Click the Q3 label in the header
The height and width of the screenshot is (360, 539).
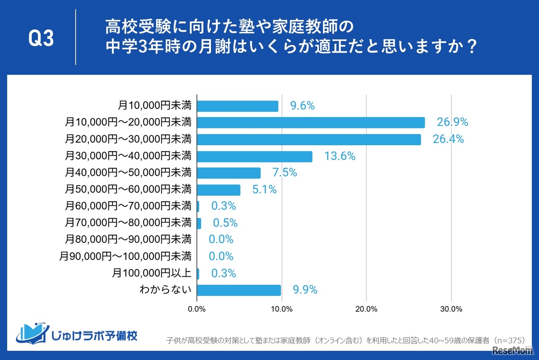click(x=41, y=39)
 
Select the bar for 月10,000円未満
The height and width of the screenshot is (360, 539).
click(x=237, y=106)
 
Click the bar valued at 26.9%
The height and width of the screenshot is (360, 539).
click(x=310, y=123)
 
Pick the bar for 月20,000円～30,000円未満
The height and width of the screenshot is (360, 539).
click(x=309, y=139)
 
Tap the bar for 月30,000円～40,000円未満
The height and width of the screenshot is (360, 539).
click(x=254, y=156)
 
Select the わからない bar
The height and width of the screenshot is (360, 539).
click(x=239, y=290)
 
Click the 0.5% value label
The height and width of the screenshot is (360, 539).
click(x=225, y=223)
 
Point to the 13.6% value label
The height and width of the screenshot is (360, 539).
click(x=339, y=156)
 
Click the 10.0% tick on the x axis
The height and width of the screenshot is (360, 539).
click(x=281, y=309)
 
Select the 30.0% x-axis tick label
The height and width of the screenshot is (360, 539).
click(x=451, y=309)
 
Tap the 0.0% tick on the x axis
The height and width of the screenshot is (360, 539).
click(x=197, y=309)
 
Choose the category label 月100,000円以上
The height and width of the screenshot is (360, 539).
click(x=152, y=273)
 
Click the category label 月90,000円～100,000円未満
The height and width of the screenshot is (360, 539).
click(x=125, y=256)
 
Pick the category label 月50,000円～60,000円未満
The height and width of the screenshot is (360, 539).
click(x=128, y=189)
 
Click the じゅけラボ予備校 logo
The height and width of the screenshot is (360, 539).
click(x=77, y=333)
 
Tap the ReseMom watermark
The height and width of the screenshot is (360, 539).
click(x=510, y=350)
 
